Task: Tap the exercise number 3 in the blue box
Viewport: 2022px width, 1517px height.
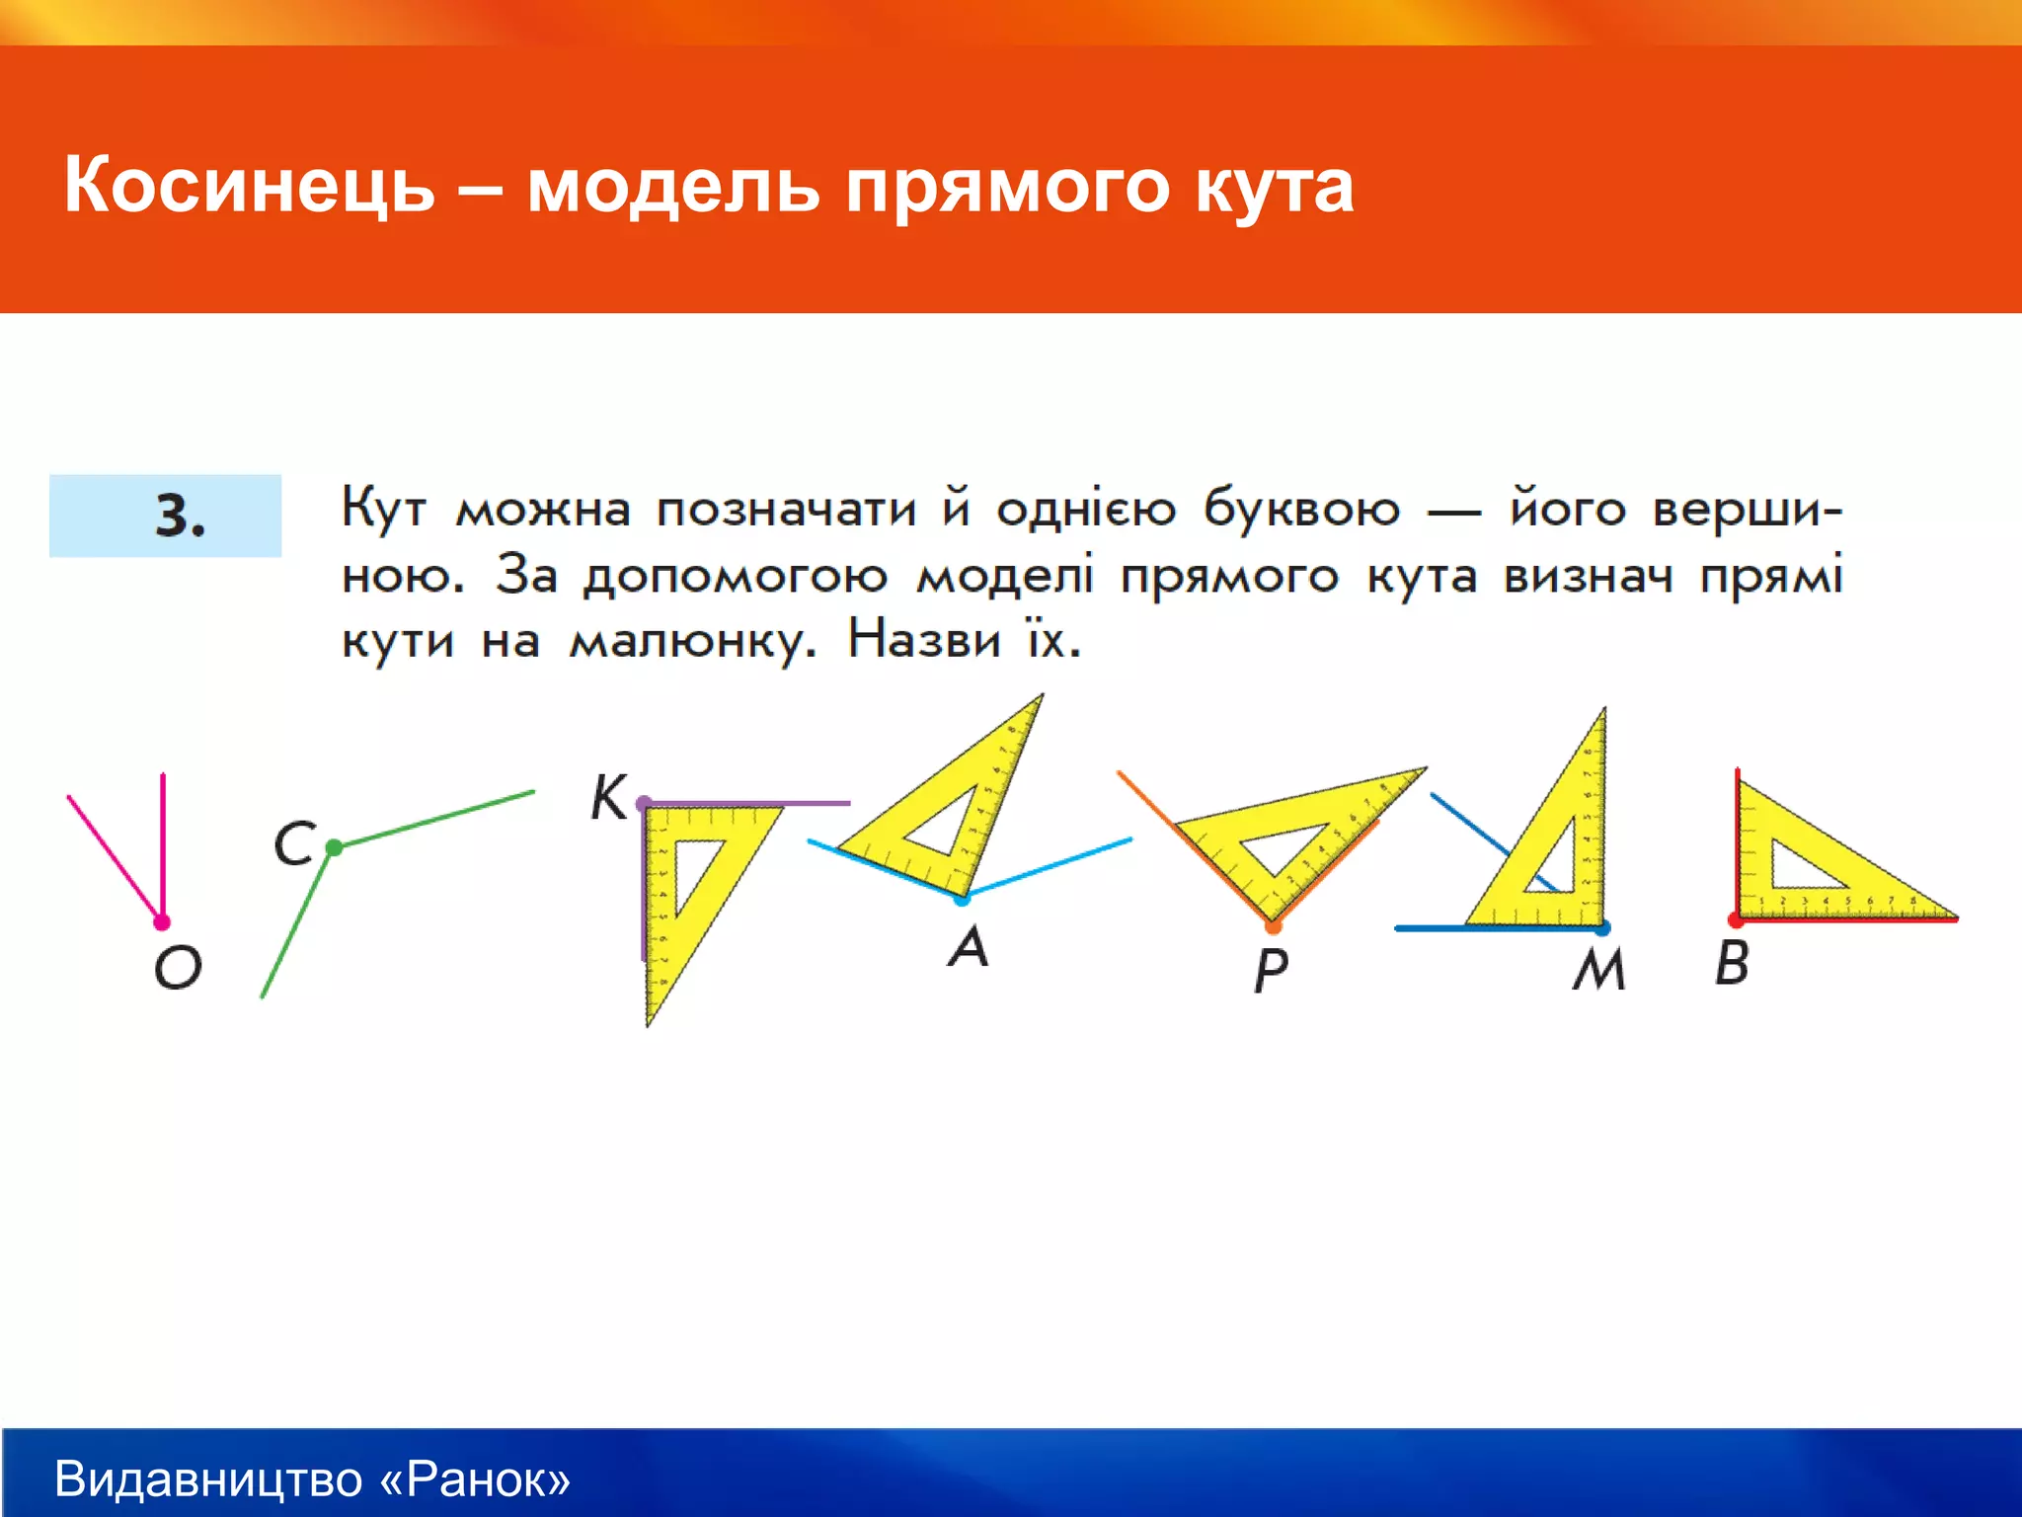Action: tap(179, 516)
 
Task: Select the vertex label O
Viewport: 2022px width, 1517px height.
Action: tap(178, 967)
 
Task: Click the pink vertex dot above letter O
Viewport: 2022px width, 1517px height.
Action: tap(162, 922)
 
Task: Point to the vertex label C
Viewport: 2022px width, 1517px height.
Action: tap(294, 844)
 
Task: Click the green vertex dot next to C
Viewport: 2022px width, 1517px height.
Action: tap(334, 847)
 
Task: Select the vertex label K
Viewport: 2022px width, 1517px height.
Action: tap(609, 797)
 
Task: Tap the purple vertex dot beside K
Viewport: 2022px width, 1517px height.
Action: tap(644, 803)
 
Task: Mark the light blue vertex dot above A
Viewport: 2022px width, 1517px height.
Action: tap(962, 899)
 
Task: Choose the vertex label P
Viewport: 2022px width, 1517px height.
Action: tap(1271, 970)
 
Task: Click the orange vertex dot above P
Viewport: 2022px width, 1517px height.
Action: tap(1273, 926)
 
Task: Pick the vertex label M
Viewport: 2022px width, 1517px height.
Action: tap(1598, 969)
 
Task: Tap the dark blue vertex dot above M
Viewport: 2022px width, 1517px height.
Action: tap(1602, 927)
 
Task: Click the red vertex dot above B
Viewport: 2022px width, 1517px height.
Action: tap(1736, 920)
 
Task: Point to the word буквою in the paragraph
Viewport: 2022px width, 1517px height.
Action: tap(1301, 511)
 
